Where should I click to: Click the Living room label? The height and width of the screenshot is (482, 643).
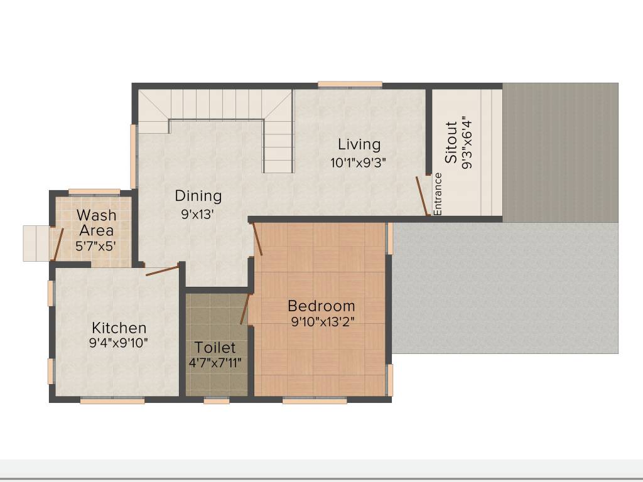359,144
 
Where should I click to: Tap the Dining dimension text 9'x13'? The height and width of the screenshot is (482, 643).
198,214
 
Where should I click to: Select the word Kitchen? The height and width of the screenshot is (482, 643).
119,328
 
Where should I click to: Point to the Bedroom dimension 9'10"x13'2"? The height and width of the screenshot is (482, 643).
321,323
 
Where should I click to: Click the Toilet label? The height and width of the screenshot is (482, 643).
215,347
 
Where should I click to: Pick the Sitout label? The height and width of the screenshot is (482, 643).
451,142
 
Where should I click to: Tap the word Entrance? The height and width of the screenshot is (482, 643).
438,194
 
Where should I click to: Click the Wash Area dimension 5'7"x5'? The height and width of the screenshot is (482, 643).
95,247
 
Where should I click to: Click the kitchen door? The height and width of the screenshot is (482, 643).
163,270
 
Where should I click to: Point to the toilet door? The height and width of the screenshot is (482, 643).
246,308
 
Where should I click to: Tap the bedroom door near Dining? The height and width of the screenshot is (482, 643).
257,238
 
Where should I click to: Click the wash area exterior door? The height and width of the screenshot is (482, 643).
57,244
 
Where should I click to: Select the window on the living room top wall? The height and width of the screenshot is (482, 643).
349,84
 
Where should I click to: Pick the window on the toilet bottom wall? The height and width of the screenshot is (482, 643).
217,400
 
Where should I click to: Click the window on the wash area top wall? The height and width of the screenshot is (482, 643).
94,191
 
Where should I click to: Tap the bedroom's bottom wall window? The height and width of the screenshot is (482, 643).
315,400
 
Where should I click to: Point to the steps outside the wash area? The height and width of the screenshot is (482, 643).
36,243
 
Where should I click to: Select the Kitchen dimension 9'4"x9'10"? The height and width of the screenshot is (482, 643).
119,343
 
